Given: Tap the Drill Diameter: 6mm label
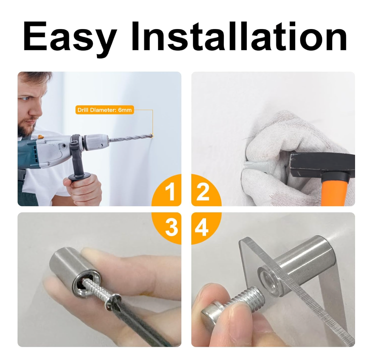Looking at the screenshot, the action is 105,110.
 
